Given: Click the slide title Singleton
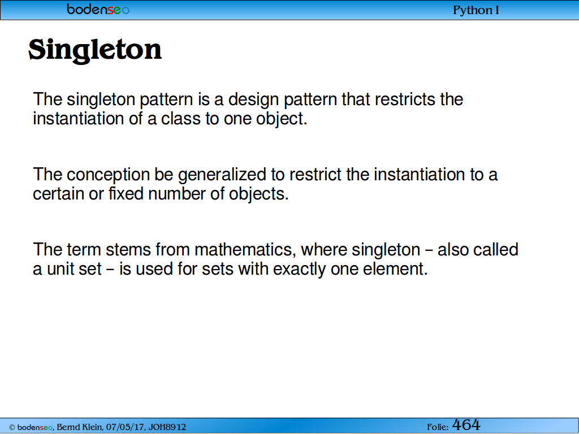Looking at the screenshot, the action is coord(95,50).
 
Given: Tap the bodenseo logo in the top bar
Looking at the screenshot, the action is coord(98,9).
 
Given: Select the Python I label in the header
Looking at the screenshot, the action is coord(476,10).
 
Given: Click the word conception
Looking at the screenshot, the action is coord(108,175).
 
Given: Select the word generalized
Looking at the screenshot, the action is coord(222,175).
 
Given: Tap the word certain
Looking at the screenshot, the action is coord(58,194).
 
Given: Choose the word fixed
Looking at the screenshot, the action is coord(126,193).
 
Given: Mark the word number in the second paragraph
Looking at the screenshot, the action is coord(177,193).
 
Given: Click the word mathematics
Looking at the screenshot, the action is coord(245,250).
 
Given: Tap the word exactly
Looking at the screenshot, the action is coord(299,269).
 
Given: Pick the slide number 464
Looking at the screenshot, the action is coord(466,425).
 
